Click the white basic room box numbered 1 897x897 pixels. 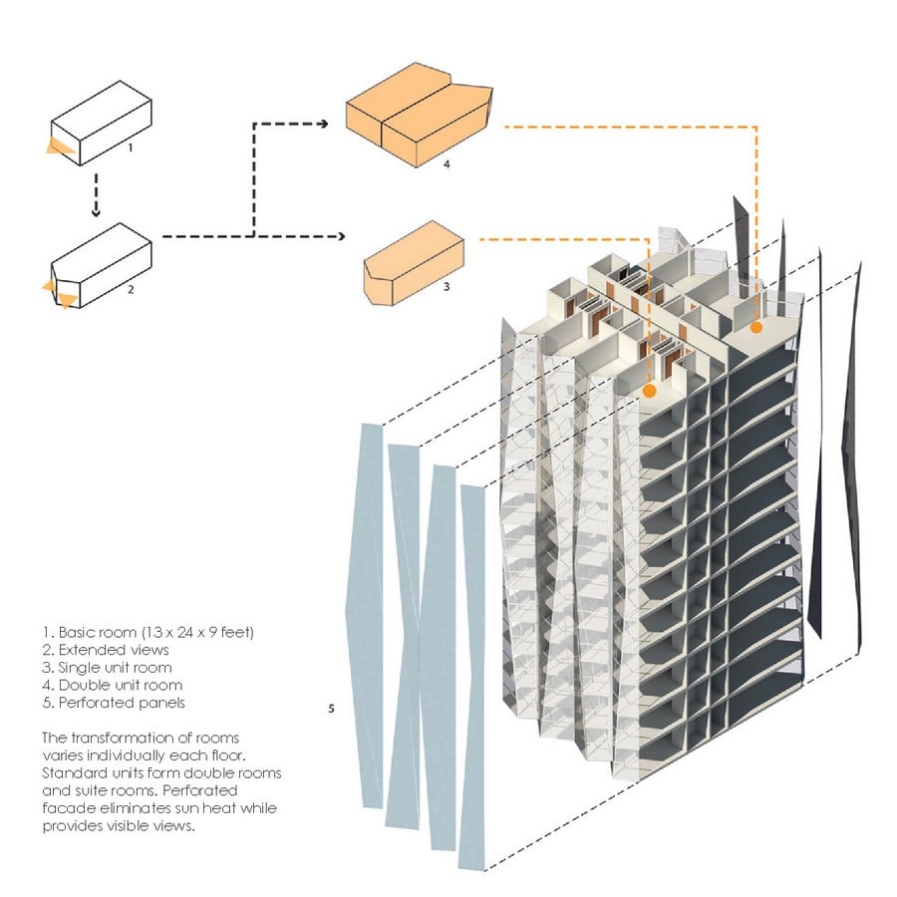[x=102, y=124]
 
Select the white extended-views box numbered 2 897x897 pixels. [x=103, y=266]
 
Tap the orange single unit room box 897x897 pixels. [x=413, y=263]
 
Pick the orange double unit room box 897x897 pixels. [x=420, y=115]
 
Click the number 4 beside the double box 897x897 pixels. [x=447, y=164]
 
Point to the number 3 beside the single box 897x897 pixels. [x=447, y=286]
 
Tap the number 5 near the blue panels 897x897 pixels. [x=331, y=709]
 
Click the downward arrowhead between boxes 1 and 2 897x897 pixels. [x=96, y=212]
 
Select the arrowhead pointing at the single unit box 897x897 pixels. [x=341, y=236]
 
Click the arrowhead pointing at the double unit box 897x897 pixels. [x=324, y=124]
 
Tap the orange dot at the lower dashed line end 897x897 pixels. [x=649, y=392]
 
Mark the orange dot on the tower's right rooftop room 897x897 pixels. [x=756, y=328]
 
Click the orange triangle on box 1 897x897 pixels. [x=59, y=148]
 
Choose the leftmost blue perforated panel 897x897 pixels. [x=365, y=615]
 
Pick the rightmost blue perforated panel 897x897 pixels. [x=472, y=678]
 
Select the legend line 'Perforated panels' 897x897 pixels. [x=114, y=703]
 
